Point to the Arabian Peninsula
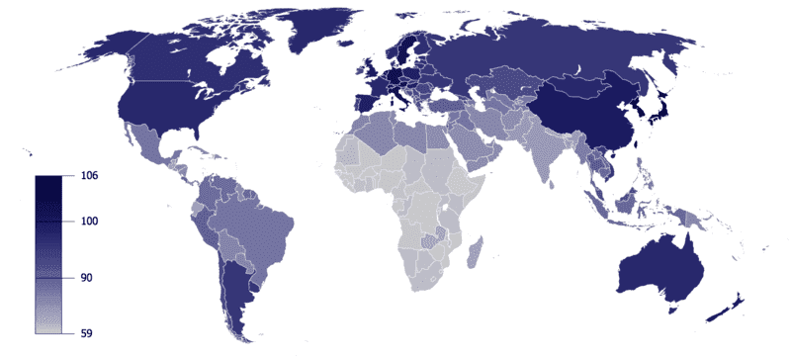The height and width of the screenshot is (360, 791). (x=475, y=148)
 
